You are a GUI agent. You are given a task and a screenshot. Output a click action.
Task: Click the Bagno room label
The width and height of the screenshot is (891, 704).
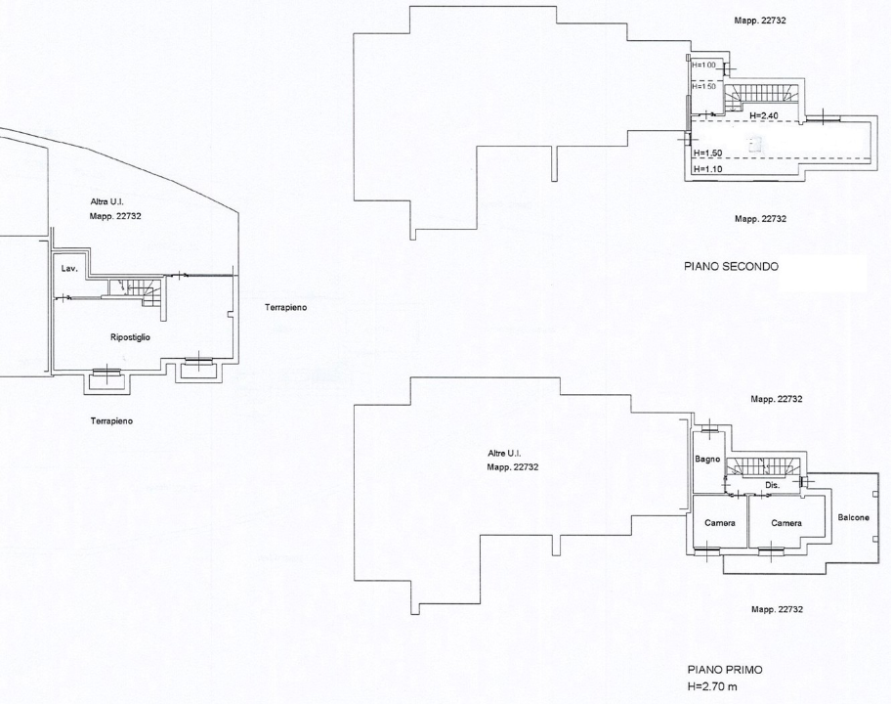point(707,459)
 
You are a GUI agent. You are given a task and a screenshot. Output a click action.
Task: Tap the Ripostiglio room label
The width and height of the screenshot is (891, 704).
point(129,336)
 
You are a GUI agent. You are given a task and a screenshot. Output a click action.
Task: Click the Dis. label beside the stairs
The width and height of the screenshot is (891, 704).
point(771,485)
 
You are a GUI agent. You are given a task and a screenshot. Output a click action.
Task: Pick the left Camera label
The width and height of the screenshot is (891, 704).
point(719,523)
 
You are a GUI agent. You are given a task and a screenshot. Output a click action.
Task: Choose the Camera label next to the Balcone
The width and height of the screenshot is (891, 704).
point(785,523)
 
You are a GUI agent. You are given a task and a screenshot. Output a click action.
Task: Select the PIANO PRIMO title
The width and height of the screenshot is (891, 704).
point(725,670)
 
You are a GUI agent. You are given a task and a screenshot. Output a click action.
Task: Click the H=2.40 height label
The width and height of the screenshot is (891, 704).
point(763,115)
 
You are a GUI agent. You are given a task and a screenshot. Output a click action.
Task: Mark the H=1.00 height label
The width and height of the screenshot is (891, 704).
point(703,65)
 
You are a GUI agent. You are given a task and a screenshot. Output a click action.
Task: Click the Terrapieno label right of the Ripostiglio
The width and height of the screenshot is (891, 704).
point(285,307)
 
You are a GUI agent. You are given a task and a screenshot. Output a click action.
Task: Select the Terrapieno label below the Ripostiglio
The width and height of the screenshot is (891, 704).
point(112,421)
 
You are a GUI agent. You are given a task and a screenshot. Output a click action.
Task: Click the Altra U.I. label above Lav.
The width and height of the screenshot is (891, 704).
point(107,201)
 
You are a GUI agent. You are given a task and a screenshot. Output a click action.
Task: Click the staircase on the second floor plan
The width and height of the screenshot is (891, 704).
point(767,95)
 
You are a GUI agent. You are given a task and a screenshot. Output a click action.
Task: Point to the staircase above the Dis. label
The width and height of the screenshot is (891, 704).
point(767,466)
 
